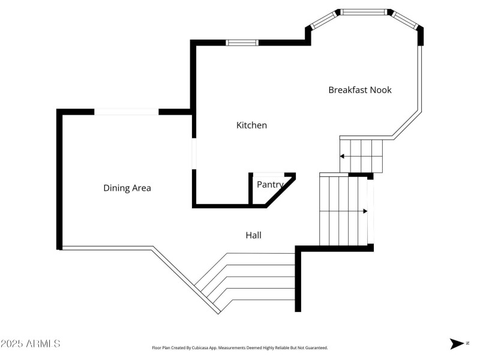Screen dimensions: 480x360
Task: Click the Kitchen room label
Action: [251, 125]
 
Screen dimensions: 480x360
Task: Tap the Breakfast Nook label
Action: [359, 90]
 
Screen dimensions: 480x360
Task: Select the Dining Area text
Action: [127, 188]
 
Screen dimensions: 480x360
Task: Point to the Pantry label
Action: [271, 185]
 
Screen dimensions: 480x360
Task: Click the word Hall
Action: [253, 235]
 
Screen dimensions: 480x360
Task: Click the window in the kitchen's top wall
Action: [242, 43]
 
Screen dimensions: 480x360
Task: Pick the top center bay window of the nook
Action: [364, 12]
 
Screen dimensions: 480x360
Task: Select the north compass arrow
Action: [457, 343]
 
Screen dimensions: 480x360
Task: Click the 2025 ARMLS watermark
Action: [31, 343]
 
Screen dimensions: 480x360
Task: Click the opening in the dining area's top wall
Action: [127, 112]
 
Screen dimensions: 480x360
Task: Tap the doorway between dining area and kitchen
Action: [194, 154]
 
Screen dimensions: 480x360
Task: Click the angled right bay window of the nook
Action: [404, 20]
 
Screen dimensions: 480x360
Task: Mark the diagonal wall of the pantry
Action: [280, 191]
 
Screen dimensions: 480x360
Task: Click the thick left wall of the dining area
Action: [59, 179]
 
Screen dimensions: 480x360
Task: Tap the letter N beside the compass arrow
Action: [467, 343]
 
